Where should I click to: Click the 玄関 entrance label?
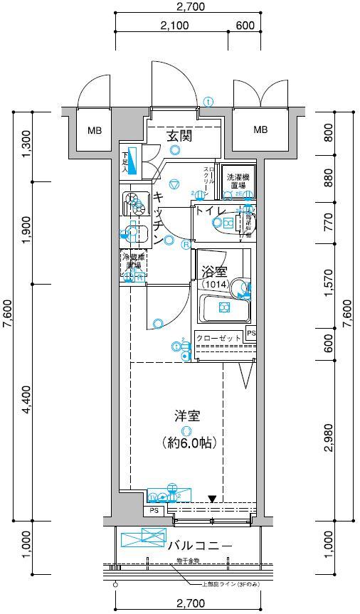179,136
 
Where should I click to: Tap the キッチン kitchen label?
160,219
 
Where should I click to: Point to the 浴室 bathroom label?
214,271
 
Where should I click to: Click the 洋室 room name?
186,415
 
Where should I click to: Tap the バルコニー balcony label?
200,546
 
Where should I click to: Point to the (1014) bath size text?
214,284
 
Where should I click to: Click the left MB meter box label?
95,131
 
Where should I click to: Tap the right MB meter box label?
261,129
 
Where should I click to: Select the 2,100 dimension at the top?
174,26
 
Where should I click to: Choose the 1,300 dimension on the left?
27,144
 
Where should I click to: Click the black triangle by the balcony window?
211,499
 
